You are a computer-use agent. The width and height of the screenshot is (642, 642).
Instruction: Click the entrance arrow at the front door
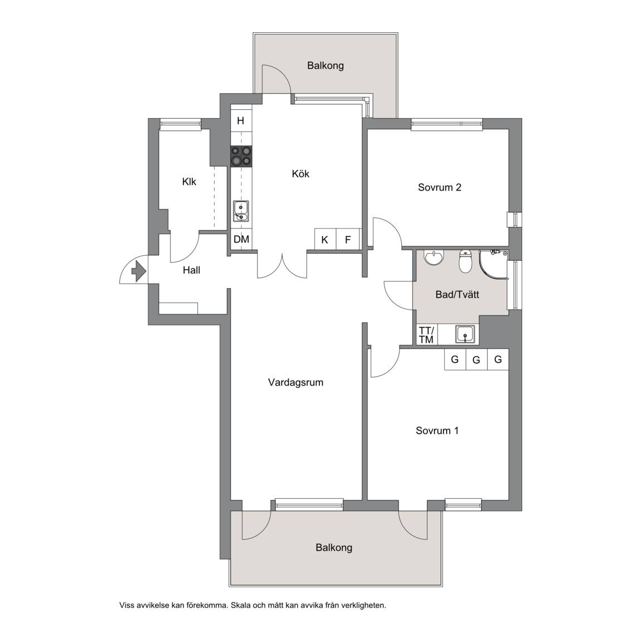(138, 271)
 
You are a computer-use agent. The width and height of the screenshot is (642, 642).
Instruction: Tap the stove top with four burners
(241, 156)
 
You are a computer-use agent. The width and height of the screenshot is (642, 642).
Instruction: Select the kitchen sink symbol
(241, 211)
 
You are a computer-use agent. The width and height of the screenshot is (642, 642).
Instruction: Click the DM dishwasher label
(241, 239)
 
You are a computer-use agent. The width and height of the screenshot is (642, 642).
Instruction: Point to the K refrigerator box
(325, 239)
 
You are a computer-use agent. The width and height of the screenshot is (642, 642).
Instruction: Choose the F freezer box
(348, 239)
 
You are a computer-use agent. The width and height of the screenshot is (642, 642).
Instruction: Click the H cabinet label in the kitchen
(241, 121)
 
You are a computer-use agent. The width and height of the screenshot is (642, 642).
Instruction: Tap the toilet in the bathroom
(465, 261)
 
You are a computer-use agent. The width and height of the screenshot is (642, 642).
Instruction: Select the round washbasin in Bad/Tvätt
(434, 257)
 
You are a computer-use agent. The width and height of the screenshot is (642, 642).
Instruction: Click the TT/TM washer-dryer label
(426, 335)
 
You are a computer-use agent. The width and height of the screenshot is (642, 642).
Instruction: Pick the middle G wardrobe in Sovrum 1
(476, 359)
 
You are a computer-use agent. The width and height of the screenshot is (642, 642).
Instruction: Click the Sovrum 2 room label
(440, 187)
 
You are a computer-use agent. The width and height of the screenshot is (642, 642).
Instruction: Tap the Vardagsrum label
(295, 382)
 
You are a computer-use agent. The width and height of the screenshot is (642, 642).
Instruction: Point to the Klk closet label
(189, 181)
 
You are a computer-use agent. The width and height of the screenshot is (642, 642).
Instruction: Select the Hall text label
(192, 270)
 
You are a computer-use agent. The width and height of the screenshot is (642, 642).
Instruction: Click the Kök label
(300, 174)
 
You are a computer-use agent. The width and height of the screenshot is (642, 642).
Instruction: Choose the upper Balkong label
(325, 66)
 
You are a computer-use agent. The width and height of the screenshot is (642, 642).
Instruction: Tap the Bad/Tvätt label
(458, 294)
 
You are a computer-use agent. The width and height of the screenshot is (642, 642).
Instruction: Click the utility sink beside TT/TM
(465, 334)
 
